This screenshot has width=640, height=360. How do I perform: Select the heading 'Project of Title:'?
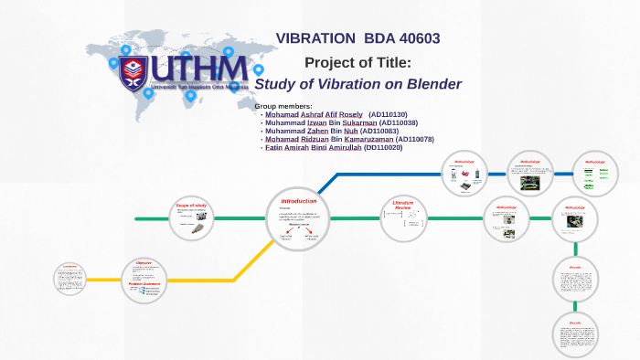[357, 62]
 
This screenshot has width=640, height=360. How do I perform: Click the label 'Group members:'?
[283, 106]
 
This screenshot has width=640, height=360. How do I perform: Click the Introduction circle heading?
[299, 200]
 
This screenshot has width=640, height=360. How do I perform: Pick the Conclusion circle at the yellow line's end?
[70, 279]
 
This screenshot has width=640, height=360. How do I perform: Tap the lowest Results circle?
[575, 335]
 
